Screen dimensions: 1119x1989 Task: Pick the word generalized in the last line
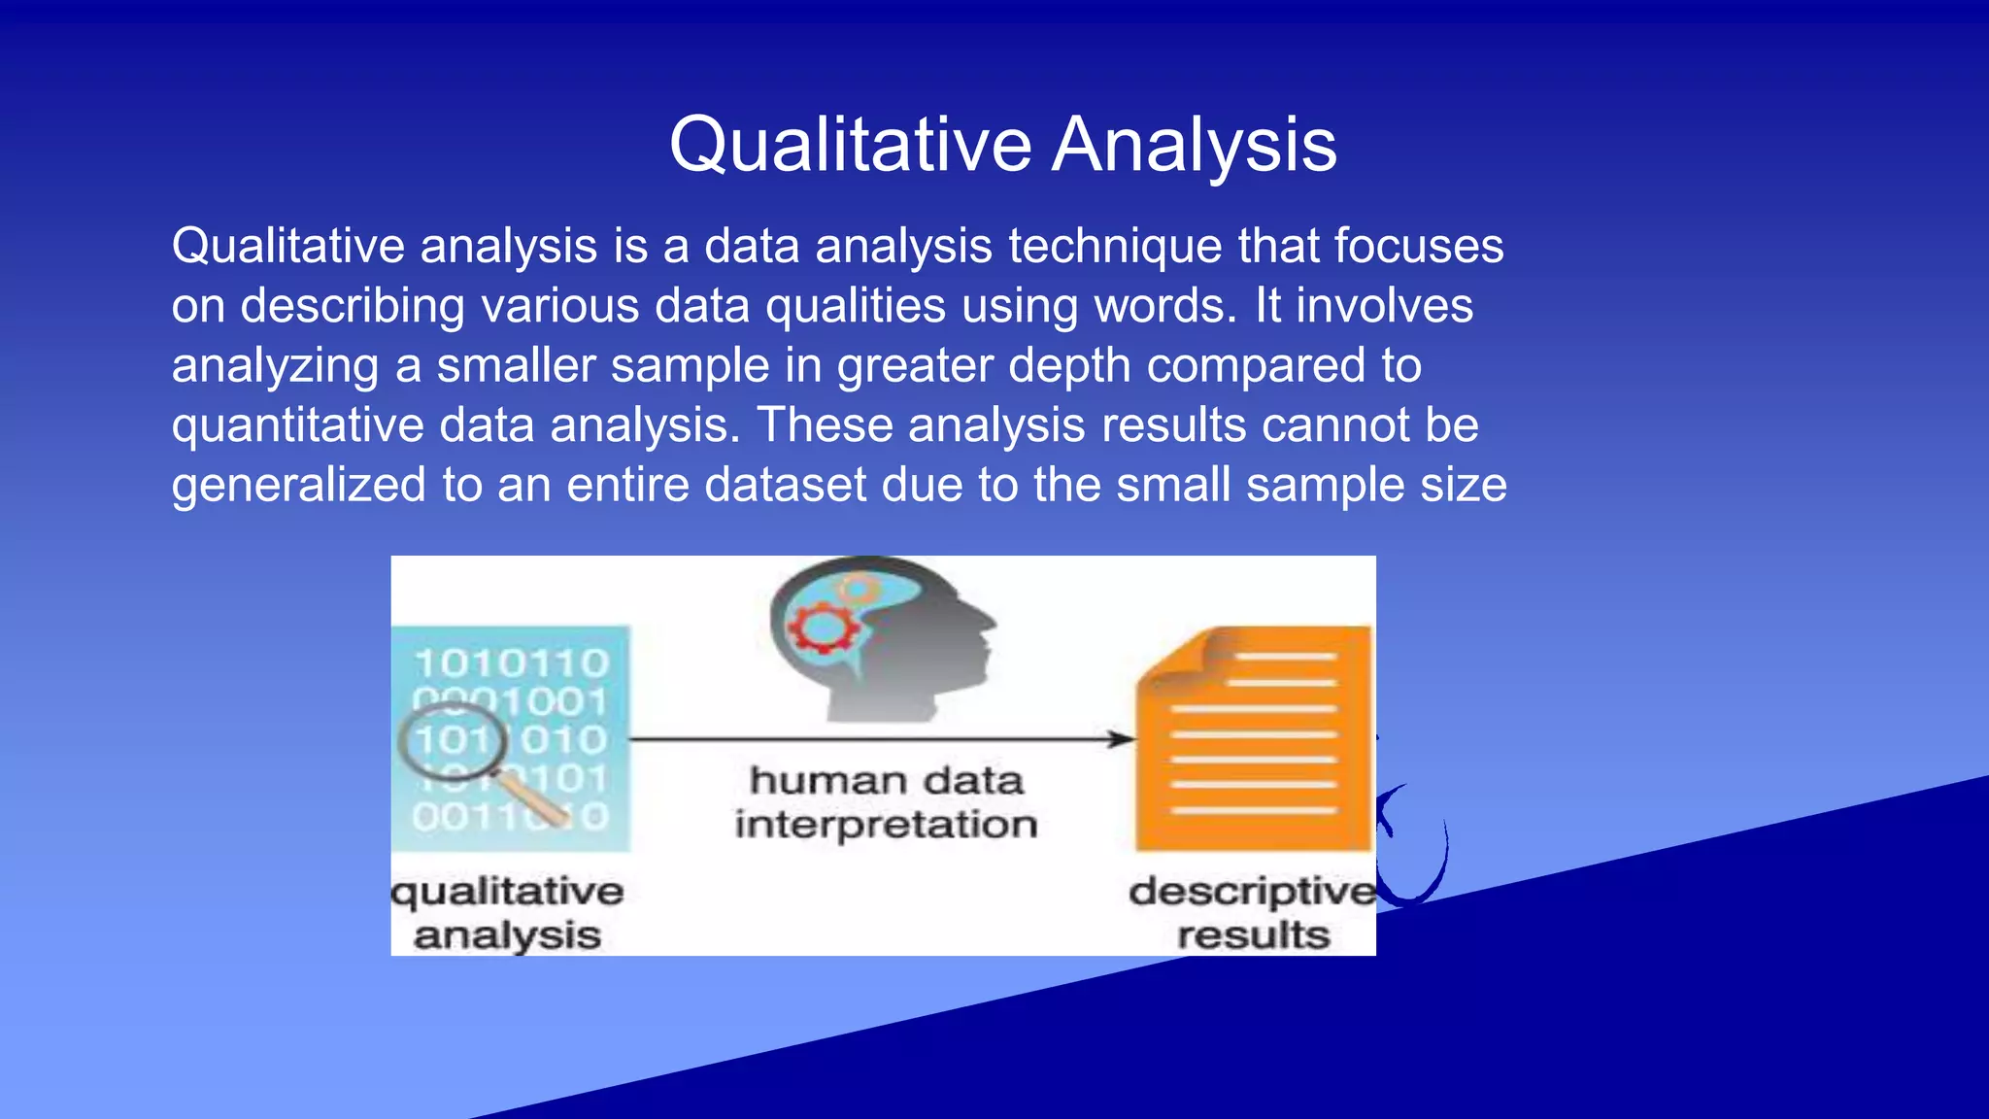pyautogui.click(x=298, y=486)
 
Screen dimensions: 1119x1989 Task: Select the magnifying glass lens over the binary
pyautogui.click(x=453, y=742)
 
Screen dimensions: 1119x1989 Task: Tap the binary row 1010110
pyautogui.click(x=511, y=664)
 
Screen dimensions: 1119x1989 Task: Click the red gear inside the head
pyautogui.click(x=823, y=628)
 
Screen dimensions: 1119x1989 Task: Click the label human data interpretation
pyautogui.click(x=886, y=802)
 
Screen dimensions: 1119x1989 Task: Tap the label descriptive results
pyautogui.click(x=1253, y=913)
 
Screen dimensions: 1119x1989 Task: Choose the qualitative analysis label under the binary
pyautogui.click(x=507, y=913)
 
